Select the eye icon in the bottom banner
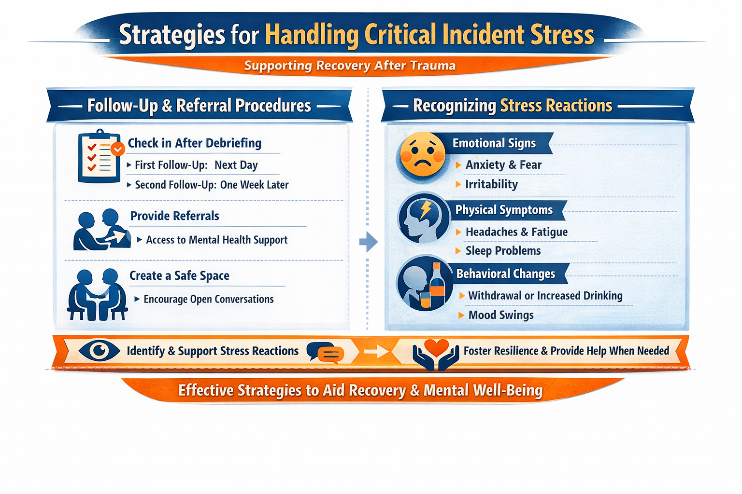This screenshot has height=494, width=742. click(99, 350)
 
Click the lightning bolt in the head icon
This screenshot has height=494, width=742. click(426, 209)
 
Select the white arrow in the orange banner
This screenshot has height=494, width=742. click(377, 351)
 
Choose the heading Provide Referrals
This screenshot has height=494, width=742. click(174, 216)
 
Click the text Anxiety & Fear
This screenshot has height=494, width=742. click(503, 165)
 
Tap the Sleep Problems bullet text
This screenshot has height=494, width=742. click(503, 251)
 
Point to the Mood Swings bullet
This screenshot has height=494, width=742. click(501, 315)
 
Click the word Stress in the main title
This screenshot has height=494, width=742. click(562, 35)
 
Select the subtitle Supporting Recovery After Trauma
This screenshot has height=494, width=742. click(350, 66)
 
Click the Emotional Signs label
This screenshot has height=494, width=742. click(494, 143)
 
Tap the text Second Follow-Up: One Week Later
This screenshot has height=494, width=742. click(212, 185)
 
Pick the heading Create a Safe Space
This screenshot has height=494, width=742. click(179, 275)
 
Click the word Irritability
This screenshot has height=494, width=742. click(491, 184)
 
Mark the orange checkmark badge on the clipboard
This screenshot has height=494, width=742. click(117, 149)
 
